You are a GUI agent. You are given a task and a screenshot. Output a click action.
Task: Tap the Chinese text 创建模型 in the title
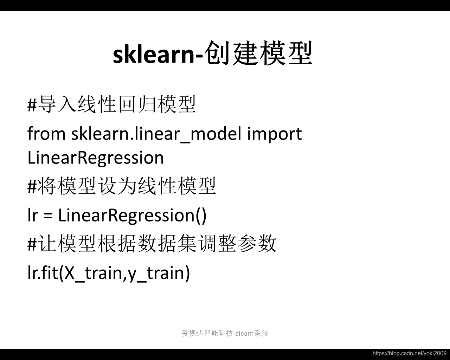258,53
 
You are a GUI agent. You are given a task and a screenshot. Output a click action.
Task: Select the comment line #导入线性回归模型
112,104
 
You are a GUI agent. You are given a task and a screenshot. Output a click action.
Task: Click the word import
275,135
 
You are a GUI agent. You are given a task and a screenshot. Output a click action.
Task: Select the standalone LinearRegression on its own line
96,158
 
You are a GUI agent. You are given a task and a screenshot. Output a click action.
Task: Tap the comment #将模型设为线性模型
122,186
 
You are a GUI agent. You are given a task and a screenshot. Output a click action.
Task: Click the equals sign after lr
48,216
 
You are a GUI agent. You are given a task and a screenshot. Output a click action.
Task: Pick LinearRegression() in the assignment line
133,216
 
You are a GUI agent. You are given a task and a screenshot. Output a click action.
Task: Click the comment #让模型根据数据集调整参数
152,244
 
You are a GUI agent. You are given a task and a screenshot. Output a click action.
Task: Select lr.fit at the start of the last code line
43,273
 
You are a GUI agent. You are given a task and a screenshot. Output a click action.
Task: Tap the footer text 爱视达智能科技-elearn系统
225,333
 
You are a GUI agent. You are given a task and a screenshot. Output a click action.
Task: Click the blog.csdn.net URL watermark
410,353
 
